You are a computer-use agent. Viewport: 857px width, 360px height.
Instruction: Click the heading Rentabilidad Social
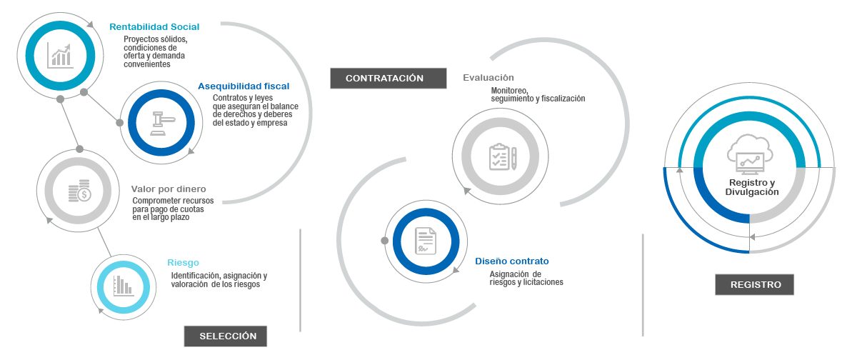coord(154,27)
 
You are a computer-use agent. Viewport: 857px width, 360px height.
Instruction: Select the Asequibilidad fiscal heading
coord(243,86)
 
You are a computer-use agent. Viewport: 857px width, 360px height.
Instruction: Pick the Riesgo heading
coord(183,263)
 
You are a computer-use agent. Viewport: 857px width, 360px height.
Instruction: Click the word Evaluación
coord(488,78)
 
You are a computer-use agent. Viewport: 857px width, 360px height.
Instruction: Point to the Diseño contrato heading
coord(512,261)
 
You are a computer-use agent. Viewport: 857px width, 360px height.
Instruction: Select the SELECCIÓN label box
coord(227,336)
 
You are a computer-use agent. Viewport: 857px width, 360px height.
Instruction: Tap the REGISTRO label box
coord(756,284)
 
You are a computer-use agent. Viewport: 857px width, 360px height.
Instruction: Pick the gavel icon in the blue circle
coord(161,119)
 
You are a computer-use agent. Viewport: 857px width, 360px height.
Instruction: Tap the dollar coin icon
coord(79,190)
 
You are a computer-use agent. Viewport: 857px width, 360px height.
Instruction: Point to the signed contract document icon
coord(424,240)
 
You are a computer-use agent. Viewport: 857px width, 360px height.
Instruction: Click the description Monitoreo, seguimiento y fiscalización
coord(537,95)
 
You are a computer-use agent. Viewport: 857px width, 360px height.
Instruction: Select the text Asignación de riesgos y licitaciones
coord(526,278)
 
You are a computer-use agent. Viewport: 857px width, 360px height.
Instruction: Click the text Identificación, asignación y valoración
coord(219,280)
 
